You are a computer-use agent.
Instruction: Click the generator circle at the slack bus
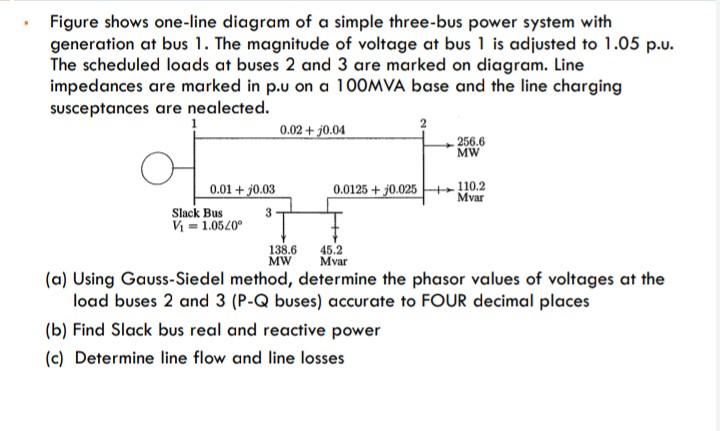pyautogui.click(x=154, y=171)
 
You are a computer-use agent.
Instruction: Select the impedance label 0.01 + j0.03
pyautogui.click(x=243, y=188)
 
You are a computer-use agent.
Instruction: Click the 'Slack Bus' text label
pyautogui.click(x=198, y=212)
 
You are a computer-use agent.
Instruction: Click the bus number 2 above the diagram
pyautogui.click(x=423, y=122)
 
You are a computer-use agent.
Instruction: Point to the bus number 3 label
pyautogui.click(x=268, y=212)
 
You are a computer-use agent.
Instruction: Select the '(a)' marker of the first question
pyautogui.click(x=58, y=279)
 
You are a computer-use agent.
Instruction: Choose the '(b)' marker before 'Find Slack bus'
pyautogui.click(x=58, y=330)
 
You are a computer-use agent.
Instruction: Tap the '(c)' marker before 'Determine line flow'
pyautogui.click(x=58, y=357)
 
